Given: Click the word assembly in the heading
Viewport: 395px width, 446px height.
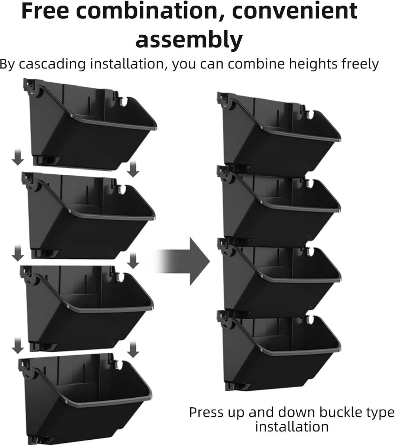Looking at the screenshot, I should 189,39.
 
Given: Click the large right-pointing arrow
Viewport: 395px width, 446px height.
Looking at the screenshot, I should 186,261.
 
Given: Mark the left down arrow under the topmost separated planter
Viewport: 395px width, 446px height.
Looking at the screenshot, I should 17,158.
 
